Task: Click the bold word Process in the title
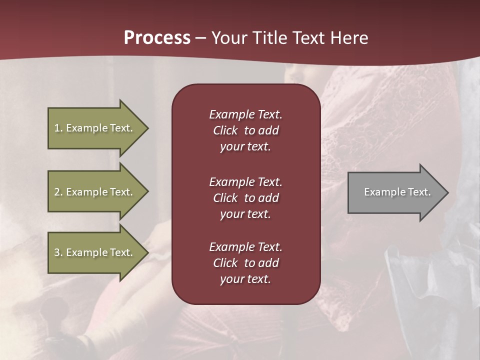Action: [x=157, y=38]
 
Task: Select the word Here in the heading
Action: [x=349, y=38]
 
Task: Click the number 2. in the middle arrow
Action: [x=58, y=192]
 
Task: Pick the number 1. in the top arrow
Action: [x=58, y=128]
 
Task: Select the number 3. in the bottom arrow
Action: [x=58, y=252]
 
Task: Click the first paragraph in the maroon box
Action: [x=245, y=130]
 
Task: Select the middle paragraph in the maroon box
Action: [x=245, y=198]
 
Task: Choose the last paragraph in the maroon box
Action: [x=245, y=263]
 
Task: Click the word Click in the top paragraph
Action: [x=225, y=130]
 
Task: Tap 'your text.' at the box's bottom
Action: [x=245, y=279]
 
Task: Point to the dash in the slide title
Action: [x=200, y=38]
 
